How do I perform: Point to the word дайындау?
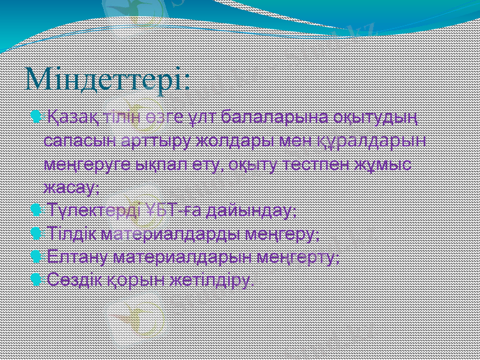pyautogui.click(x=251, y=211)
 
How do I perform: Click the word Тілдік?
pyautogui.click(x=72, y=235)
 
